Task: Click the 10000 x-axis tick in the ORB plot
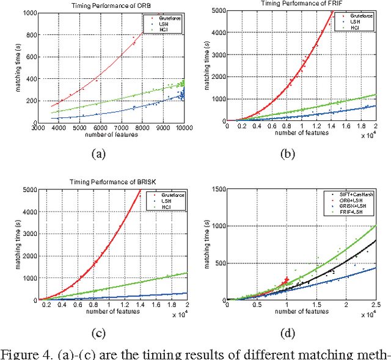tap(185, 128)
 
